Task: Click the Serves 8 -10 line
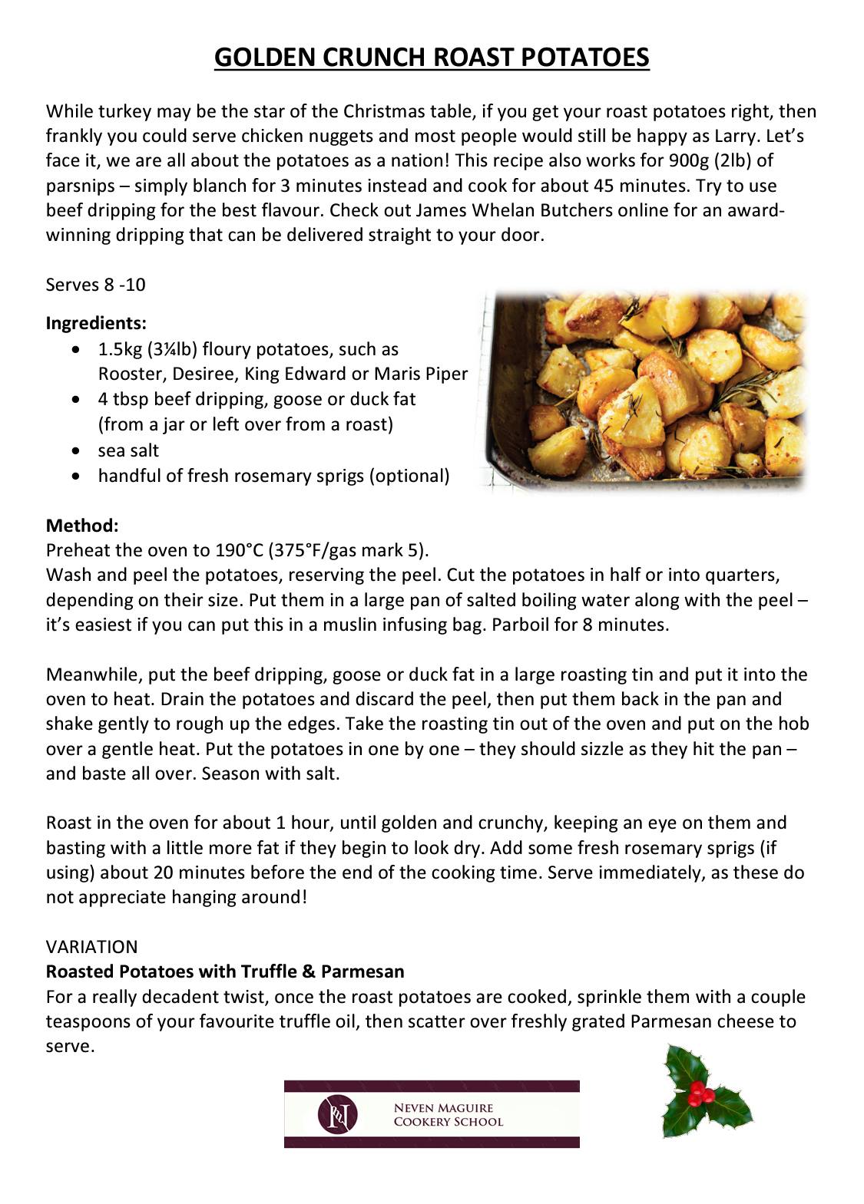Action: (95, 285)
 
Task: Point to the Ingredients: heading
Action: (96, 322)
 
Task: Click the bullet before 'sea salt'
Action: (74, 451)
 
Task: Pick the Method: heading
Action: (82, 526)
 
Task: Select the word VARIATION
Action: (91, 947)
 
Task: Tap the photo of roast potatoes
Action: (644, 391)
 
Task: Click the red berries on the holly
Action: (697, 1093)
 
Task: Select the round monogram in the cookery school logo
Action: (338, 1114)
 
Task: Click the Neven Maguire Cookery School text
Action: (448, 1114)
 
